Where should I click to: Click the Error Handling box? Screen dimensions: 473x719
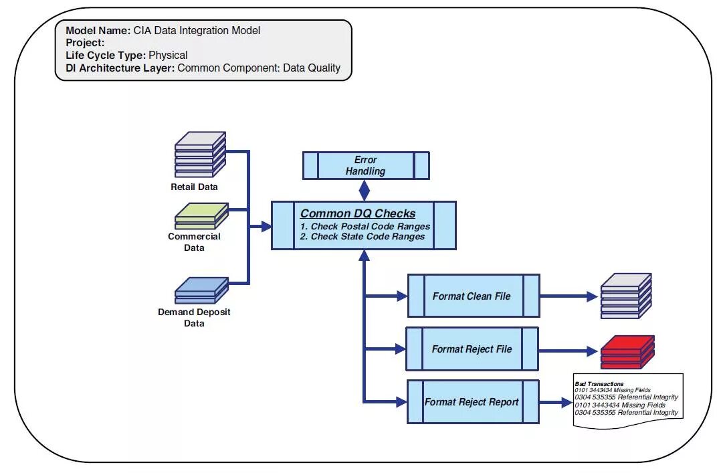coord(365,165)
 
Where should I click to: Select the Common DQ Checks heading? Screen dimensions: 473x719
coord(358,214)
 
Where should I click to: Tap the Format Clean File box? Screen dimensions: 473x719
coord(473,296)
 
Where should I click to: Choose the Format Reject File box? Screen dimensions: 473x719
coord(472,349)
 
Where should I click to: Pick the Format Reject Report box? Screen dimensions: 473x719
coord(472,402)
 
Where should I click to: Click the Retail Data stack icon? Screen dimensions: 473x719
coord(200,155)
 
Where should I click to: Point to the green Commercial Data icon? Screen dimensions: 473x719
coord(201,215)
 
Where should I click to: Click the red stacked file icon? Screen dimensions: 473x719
coord(627,352)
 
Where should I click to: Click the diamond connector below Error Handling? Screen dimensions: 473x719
coord(364,191)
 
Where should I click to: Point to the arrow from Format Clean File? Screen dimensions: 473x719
coord(569,296)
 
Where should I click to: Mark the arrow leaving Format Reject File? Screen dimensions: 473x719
coord(569,349)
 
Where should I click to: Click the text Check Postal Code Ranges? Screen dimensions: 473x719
coord(365,226)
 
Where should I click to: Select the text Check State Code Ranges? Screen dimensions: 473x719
coord(363,236)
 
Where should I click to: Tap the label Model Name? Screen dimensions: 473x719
coord(98,31)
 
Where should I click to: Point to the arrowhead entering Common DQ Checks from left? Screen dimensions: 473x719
coord(266,227)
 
